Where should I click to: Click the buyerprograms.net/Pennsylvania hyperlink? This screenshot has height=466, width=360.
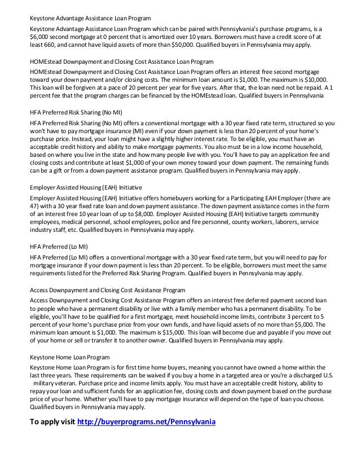tap(146, 422)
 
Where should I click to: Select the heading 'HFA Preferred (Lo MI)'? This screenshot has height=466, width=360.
tap(59, 246)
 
